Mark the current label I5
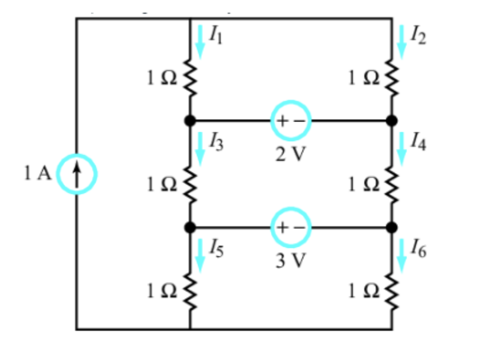(216, 248)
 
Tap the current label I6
(418, 248)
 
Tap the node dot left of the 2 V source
(189, 122)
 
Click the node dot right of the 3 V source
(392, 228)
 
